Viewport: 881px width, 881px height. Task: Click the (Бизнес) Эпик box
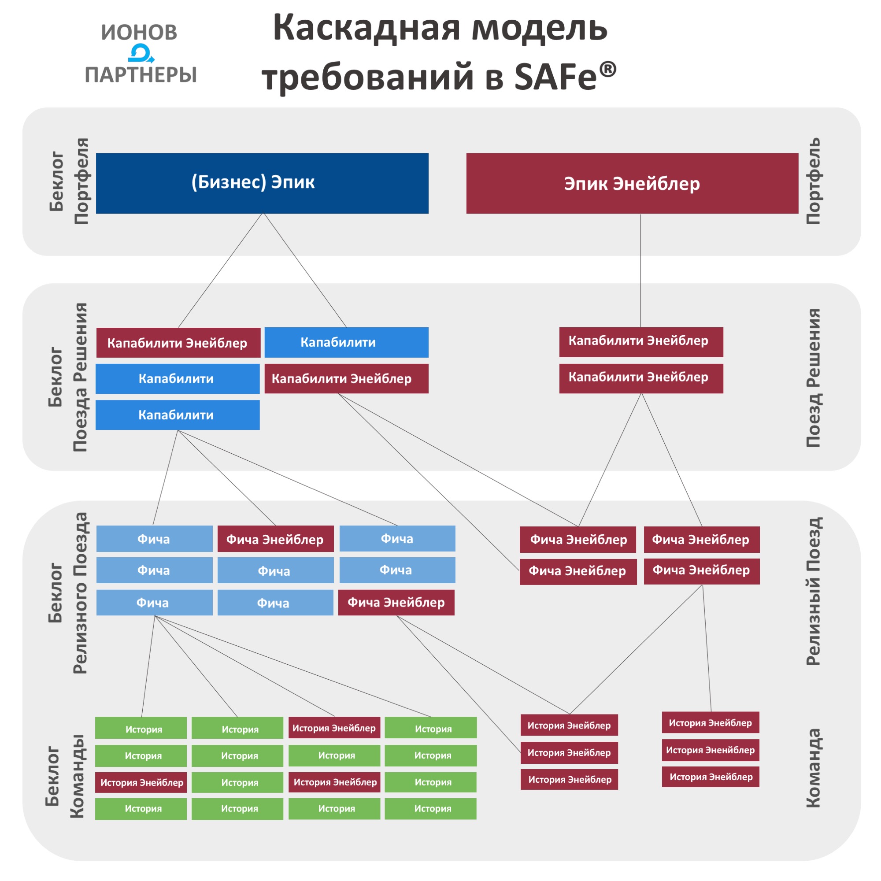(x=262, y=183)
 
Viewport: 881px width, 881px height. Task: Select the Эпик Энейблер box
(x=632, y=183)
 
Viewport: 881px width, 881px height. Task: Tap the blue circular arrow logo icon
(x=140, y=53)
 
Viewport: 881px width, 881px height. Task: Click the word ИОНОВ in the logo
(x=139, y=32)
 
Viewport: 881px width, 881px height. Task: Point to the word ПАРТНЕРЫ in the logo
(x=141, y=74)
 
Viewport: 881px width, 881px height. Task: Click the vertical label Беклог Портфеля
(x=68, y=181)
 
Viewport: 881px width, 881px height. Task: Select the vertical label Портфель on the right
(x=813, y=181)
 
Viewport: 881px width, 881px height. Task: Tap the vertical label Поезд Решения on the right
(x=813, y=378)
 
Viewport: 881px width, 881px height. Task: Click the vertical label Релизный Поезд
(x=813, y=591)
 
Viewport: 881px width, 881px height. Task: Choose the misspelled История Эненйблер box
(x=710, y=750)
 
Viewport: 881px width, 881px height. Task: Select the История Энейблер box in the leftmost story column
(x=141, y=782)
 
